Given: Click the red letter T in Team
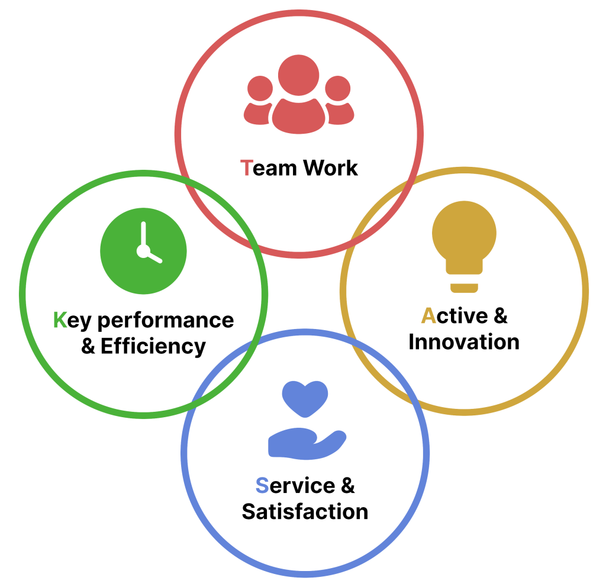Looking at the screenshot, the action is [x=247, y=168].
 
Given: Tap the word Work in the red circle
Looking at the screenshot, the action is [x=330, y=167].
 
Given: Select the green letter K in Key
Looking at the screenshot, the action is [x=60, y=320].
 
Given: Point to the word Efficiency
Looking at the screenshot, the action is [x=153, y=347].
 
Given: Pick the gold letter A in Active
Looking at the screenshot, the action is [x=428, y=315].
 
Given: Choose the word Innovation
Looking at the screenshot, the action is [x=464, y=342].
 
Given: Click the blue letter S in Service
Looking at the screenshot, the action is [x=262, y=485].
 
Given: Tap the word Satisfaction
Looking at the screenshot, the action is [x=305, y=512].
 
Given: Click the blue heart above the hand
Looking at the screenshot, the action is [x=305, y=398].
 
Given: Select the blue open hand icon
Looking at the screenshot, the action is [x=307, y=444].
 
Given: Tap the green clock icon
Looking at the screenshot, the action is [x=143, y=251].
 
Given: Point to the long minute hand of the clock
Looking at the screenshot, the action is [x=143, y=235].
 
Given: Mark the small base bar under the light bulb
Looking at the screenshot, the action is [x=464, y=288].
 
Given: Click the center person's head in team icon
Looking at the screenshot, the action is [x=298, y=75].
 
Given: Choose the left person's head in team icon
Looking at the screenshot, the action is [x=260, y=89].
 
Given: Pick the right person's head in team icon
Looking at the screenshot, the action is [x=338, y=89].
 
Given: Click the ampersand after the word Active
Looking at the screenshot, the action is [x=501, y=315].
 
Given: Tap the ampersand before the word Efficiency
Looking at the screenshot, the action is [x=88, y=346].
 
